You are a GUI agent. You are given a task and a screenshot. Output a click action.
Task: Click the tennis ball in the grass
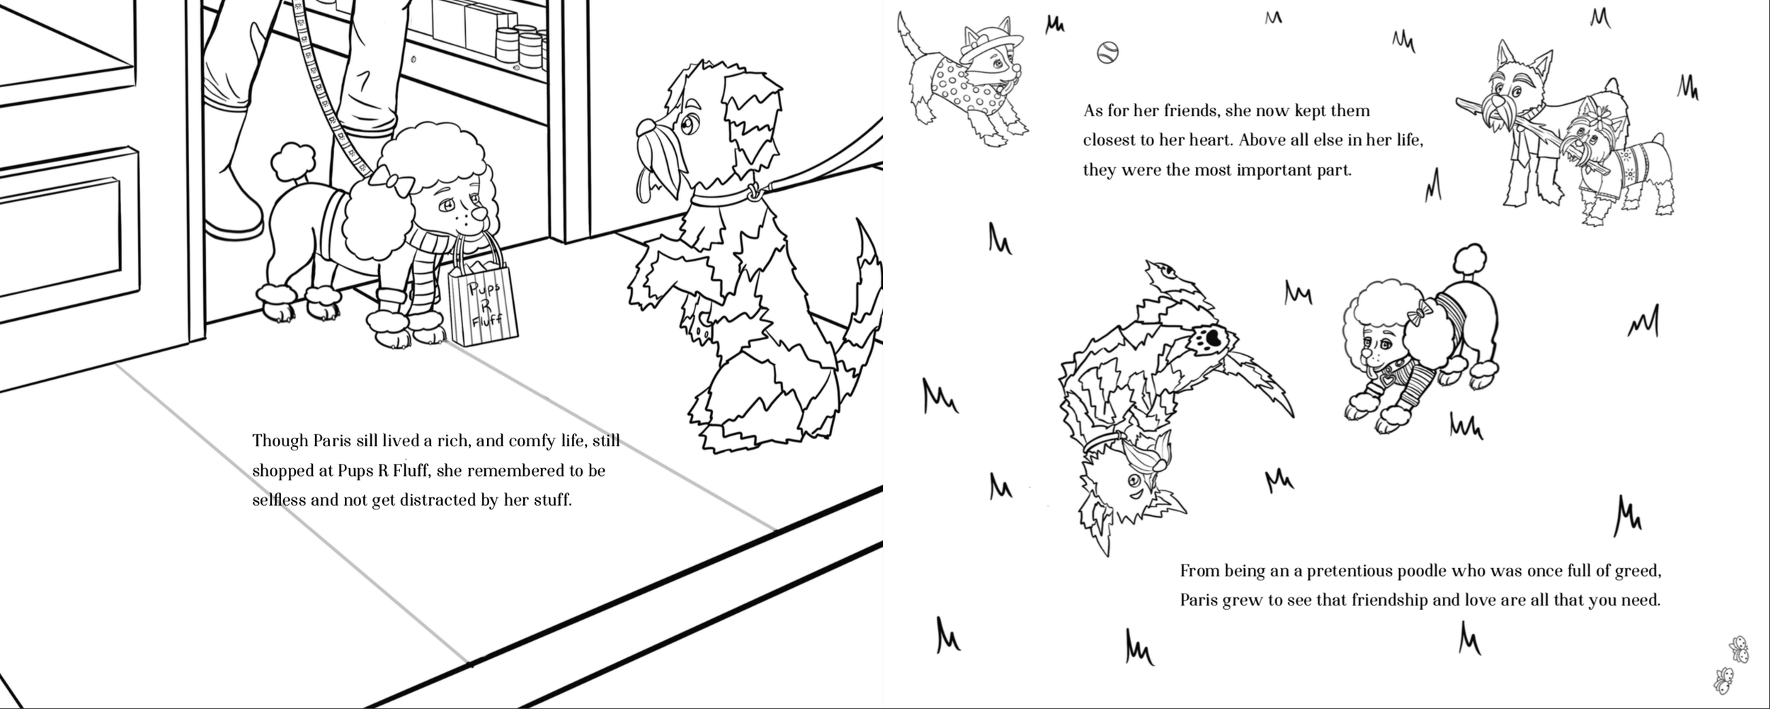pos(1107,52)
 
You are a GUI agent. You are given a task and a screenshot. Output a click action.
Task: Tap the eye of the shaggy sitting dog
pos(686,127)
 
